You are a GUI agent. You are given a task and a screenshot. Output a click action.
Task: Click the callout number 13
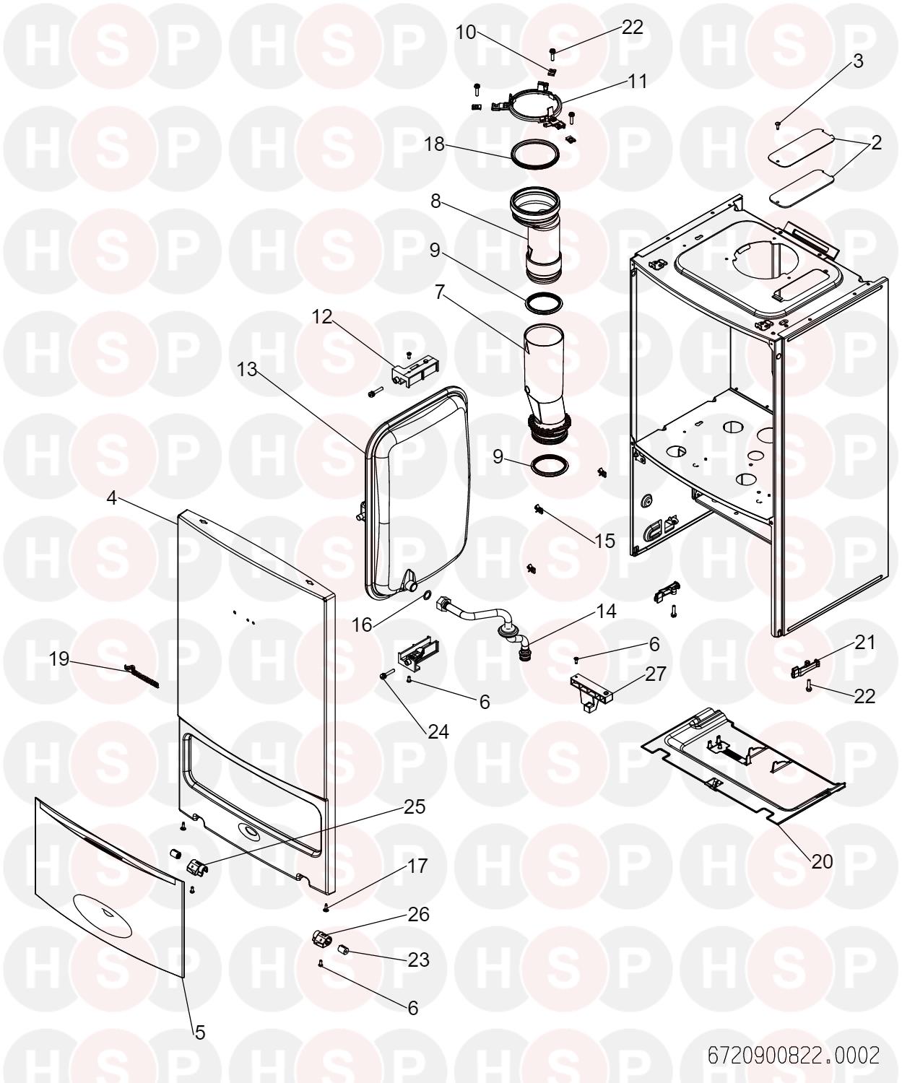tap(247, 369)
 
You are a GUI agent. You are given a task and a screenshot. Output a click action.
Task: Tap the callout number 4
tap(112, 498)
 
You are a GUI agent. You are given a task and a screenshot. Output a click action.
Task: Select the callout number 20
tap(822, 861)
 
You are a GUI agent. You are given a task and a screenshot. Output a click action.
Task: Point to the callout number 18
tap(435, 144)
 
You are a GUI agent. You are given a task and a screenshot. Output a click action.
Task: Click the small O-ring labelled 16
tap(427, 595)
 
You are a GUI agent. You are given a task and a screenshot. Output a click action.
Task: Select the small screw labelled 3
tap(778, 124)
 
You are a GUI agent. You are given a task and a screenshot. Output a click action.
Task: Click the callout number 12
tap(322, 317)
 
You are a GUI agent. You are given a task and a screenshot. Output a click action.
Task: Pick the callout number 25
tap(415, 807)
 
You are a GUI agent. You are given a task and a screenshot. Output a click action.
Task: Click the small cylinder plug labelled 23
tap(342, 949)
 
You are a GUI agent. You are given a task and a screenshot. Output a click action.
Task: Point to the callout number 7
tap(440, 292)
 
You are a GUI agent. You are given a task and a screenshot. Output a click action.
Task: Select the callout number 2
tap(877, 143)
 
